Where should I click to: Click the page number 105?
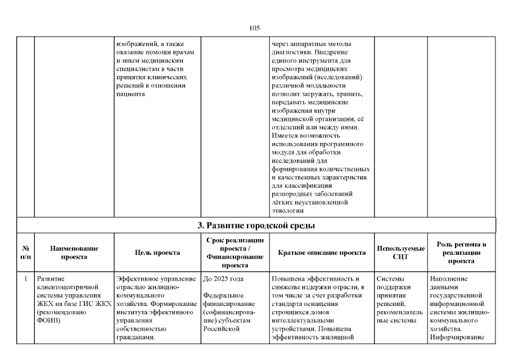pos(254,27)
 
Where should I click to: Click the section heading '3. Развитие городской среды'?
pos(255,226)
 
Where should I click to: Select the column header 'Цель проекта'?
pos(157,253)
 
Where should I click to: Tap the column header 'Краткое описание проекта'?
pos(322,253)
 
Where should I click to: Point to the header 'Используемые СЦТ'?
pos(400,253)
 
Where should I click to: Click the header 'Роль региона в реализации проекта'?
pos(461,253)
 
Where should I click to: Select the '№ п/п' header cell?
pos(26,253)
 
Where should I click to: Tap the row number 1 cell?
pos(26,278)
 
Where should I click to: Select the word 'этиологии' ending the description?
pos(287,211)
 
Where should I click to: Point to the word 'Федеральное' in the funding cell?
pos(223,295)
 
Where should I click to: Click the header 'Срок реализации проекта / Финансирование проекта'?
pos(235,253)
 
